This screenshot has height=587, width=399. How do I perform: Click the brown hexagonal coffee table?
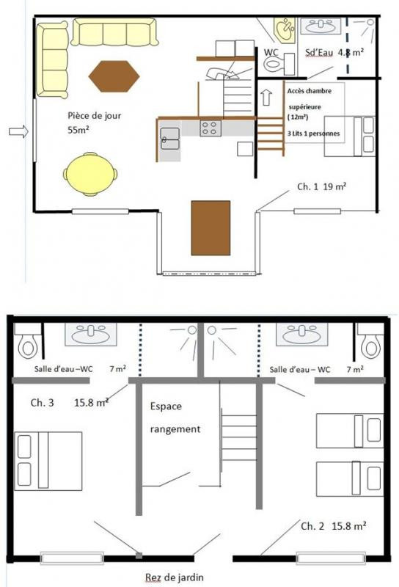[114, 76]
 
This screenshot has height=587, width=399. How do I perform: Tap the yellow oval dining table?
[90, 174]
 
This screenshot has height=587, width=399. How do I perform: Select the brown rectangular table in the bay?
[211, 228]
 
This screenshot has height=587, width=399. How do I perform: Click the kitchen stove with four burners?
[211, 128]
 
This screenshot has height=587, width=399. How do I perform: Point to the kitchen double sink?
[170, 139]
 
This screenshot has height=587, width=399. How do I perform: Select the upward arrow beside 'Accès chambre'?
[266, 97]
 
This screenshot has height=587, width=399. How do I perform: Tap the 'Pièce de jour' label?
[95, 116]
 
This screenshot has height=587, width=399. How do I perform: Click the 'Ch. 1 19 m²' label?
[321, 186]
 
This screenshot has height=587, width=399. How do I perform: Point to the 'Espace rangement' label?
[175, 418]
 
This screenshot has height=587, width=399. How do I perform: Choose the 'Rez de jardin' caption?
[175, 577]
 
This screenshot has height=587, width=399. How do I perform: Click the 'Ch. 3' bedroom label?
[42, 403]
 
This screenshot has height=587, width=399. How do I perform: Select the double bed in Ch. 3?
[48, 462]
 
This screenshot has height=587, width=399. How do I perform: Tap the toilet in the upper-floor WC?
[279, 64]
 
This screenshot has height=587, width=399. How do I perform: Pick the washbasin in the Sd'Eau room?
[321, 26]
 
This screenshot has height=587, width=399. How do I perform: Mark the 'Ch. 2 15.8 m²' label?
[334, 526]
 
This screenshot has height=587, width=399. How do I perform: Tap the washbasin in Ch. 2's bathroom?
[301, 335]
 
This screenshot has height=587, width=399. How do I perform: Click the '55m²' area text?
[78, 131]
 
